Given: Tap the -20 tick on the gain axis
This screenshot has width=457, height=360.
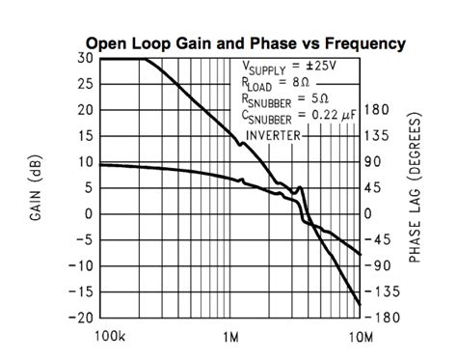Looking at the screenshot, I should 82,317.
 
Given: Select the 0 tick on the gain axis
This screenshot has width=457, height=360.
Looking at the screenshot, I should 90,213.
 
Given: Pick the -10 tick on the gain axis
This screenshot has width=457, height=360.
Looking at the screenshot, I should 82,265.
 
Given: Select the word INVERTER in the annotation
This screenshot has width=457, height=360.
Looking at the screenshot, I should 274,135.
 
